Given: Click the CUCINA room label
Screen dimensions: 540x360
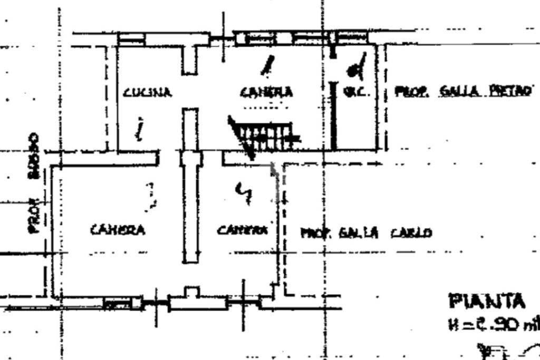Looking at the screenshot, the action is pyautogui.click(x=147, y=93).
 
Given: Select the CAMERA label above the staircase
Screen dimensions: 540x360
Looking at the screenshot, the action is pyautogui.click(x=266, y=92).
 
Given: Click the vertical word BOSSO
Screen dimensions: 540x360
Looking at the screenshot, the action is pyautogui.click(x=34, y=156).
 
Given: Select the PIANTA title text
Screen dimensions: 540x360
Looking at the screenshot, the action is pyautogui.click(x=487, y=302).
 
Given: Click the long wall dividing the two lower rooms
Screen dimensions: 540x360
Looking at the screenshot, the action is pyautogui.click(x=190, y=211).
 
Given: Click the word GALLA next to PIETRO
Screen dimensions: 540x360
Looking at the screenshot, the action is pyautogui.click(x=459, y=92).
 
